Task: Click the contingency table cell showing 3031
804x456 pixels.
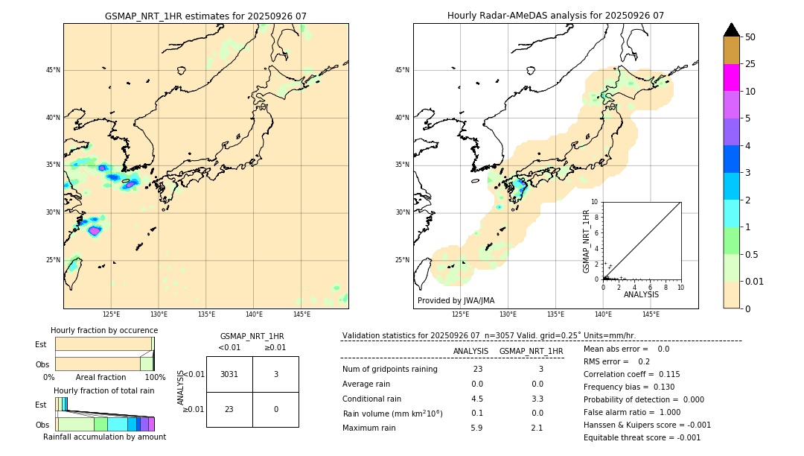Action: [229, 374]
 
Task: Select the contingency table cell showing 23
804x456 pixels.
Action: [229, 409]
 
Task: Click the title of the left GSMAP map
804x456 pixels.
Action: [205, 16]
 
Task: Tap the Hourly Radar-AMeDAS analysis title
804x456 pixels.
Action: [555, 16]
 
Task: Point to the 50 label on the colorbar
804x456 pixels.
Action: [750, 37]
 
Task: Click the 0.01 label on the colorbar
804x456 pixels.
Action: [755, 281]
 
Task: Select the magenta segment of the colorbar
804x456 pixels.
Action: [731, 77]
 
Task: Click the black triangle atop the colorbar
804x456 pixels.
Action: [731, 30]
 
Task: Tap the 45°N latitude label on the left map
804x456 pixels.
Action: [53, 70]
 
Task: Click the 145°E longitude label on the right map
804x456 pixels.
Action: [651, 314]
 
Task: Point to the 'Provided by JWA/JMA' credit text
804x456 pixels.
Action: [456, 300]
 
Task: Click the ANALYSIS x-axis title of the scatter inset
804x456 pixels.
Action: [641, 294]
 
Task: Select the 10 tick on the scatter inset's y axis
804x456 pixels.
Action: [595, 202]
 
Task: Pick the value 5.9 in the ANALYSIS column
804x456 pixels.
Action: [476, 428]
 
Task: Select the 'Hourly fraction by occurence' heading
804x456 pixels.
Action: [104, 330]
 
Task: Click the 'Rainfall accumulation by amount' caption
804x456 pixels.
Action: [104, 437]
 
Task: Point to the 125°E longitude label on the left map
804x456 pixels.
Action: [111, 314]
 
